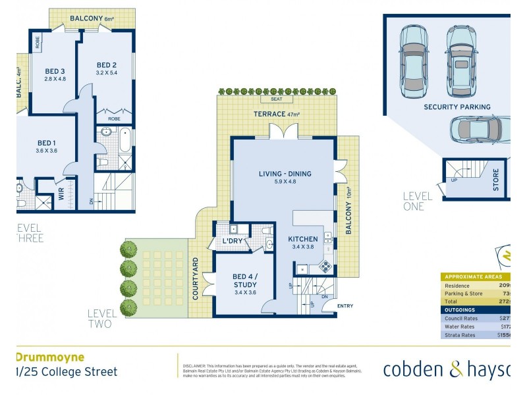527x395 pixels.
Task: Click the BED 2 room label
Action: (x=106, y=65)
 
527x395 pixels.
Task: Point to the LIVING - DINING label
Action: (x=285, y=174)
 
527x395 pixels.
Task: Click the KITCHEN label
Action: (x=303, y=239)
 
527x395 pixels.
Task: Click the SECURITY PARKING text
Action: (x=457, y=107)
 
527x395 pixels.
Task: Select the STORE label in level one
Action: (x=496, y=181)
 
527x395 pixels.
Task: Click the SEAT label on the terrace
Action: (x=277, y=99)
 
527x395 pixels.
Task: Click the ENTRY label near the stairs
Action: (x=345, y=305)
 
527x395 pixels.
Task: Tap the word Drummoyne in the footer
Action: (x=49, y=357)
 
